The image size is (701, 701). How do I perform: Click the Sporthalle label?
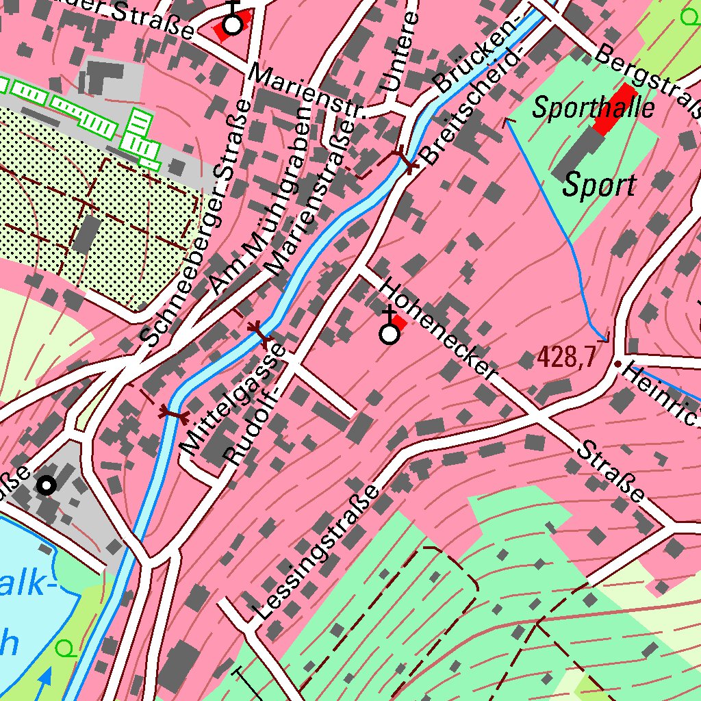pos(594,107)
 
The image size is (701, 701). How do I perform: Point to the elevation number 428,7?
pos(565,356)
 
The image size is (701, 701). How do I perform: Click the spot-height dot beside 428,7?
pos(617,364)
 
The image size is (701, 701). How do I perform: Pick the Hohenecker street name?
pos(437,329)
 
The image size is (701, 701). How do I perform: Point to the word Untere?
pos(399,52)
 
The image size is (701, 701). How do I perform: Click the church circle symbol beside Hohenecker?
pos(390,334)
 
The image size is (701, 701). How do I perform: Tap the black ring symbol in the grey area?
pos(46,485)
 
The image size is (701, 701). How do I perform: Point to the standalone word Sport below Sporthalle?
pos(600,186)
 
